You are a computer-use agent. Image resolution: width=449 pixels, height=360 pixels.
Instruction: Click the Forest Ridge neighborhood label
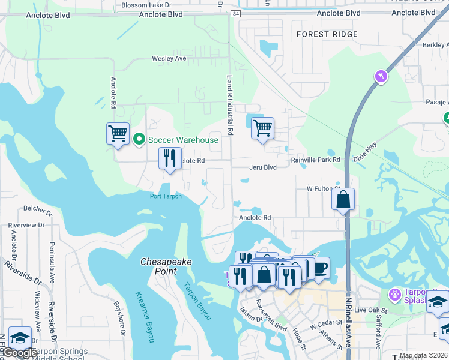click(x=327, y=34)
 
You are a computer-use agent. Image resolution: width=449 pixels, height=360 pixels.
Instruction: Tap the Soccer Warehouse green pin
click(x=139, y=140)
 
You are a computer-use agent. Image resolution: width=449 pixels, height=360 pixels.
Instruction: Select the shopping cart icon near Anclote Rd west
click(x=118, y=133)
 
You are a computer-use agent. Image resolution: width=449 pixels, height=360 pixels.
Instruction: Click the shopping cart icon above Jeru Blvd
click(x=262, y=127)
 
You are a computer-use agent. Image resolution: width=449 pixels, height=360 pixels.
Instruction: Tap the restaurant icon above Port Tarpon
click(x=170, y=158)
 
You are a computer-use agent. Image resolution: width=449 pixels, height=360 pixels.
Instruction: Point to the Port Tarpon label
click(x=166, y=196)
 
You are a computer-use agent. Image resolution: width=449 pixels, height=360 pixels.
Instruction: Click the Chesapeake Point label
click(x=159, y=266)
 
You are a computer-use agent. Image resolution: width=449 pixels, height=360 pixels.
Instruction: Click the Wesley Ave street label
click(x=169, y=59)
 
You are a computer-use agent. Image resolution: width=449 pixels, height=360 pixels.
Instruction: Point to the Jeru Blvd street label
click(x=263, y=167)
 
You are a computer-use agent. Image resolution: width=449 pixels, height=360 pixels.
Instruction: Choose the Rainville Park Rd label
click(x=315, y=160)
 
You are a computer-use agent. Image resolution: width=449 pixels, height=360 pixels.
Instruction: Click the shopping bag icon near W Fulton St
click(x=343, y=199)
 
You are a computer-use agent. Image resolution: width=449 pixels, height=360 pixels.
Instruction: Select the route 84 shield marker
click(x=235, y=13)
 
